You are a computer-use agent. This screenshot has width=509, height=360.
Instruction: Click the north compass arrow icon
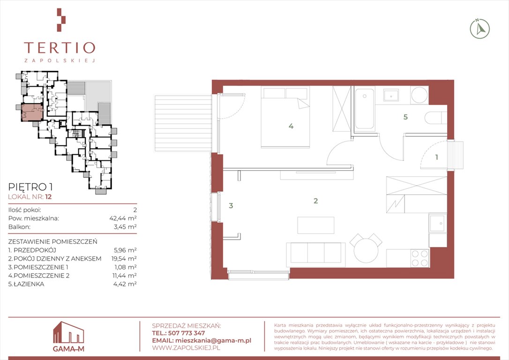pos(480,29)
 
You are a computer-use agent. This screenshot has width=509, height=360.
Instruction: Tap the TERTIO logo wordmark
pos(60,48)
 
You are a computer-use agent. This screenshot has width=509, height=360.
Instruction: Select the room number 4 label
pos(291,126)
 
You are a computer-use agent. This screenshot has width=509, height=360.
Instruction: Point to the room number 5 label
pos(405,117)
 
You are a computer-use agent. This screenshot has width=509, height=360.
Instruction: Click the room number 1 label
pos(437,157)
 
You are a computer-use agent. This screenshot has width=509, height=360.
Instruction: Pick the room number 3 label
pos(231,205)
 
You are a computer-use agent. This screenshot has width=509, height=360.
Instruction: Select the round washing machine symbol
pos(419,95)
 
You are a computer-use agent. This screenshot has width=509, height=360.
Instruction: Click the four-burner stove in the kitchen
pos(420,258)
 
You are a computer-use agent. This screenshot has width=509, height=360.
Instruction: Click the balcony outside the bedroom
pos(183,123)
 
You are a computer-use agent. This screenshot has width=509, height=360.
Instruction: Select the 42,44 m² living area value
pos(123,218)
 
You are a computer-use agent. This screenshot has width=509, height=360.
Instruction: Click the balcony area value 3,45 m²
pos(125,226)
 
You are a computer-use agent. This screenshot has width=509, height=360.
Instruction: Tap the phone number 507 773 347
pos(187,333)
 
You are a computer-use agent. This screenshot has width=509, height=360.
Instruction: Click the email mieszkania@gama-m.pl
pos(213,340)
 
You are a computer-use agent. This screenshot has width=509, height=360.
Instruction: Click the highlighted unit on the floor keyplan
pos(31,112)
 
